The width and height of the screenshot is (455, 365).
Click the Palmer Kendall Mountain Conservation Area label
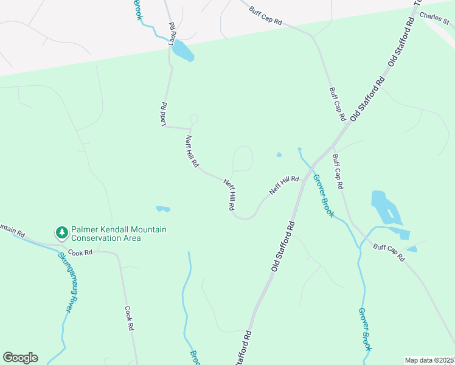click(x=119, y=234)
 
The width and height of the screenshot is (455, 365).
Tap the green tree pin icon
click(x=61, y=232)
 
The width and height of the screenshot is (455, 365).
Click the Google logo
click(x=20, y=358)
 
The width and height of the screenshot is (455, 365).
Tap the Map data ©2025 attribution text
click(x=429, y=360)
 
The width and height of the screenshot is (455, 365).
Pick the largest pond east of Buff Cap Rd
click(x=385, y=208)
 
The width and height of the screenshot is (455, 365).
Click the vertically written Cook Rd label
click(x=129, y=318)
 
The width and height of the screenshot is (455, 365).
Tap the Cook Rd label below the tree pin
click(x=80, y=252)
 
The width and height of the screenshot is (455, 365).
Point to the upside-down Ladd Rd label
click(x=164, y=113)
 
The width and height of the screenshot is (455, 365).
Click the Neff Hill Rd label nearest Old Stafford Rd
click(x=285, y=186)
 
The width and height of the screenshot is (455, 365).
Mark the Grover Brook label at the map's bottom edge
click(x=364, y=329)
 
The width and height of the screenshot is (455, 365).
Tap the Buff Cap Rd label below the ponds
click(x=389, y=252)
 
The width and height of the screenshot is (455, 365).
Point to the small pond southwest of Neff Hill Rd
click(x=162, y=209)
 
